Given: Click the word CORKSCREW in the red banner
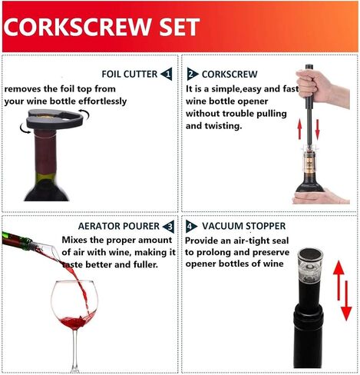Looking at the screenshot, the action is coord(78,27).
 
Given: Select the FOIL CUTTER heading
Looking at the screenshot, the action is coord(130,74).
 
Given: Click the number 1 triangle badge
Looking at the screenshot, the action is coord(167,74).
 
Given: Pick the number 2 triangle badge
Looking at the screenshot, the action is coord(192,74).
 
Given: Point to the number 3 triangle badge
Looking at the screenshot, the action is coord(169,227).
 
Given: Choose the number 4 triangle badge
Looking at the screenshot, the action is coord(191,227).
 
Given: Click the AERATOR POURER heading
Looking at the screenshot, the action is coord(119,226).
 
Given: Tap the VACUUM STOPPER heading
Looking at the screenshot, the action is coord(243,226).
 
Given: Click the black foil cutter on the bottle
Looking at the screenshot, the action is coord(55,118).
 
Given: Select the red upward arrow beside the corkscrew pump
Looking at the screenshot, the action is coord(300,129).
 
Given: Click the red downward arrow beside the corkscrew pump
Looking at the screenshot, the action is coord(318,129).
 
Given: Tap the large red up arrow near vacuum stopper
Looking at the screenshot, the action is coord(339,280).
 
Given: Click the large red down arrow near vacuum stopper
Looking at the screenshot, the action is coord(347,300).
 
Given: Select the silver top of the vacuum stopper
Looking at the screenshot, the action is coord(310,254).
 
